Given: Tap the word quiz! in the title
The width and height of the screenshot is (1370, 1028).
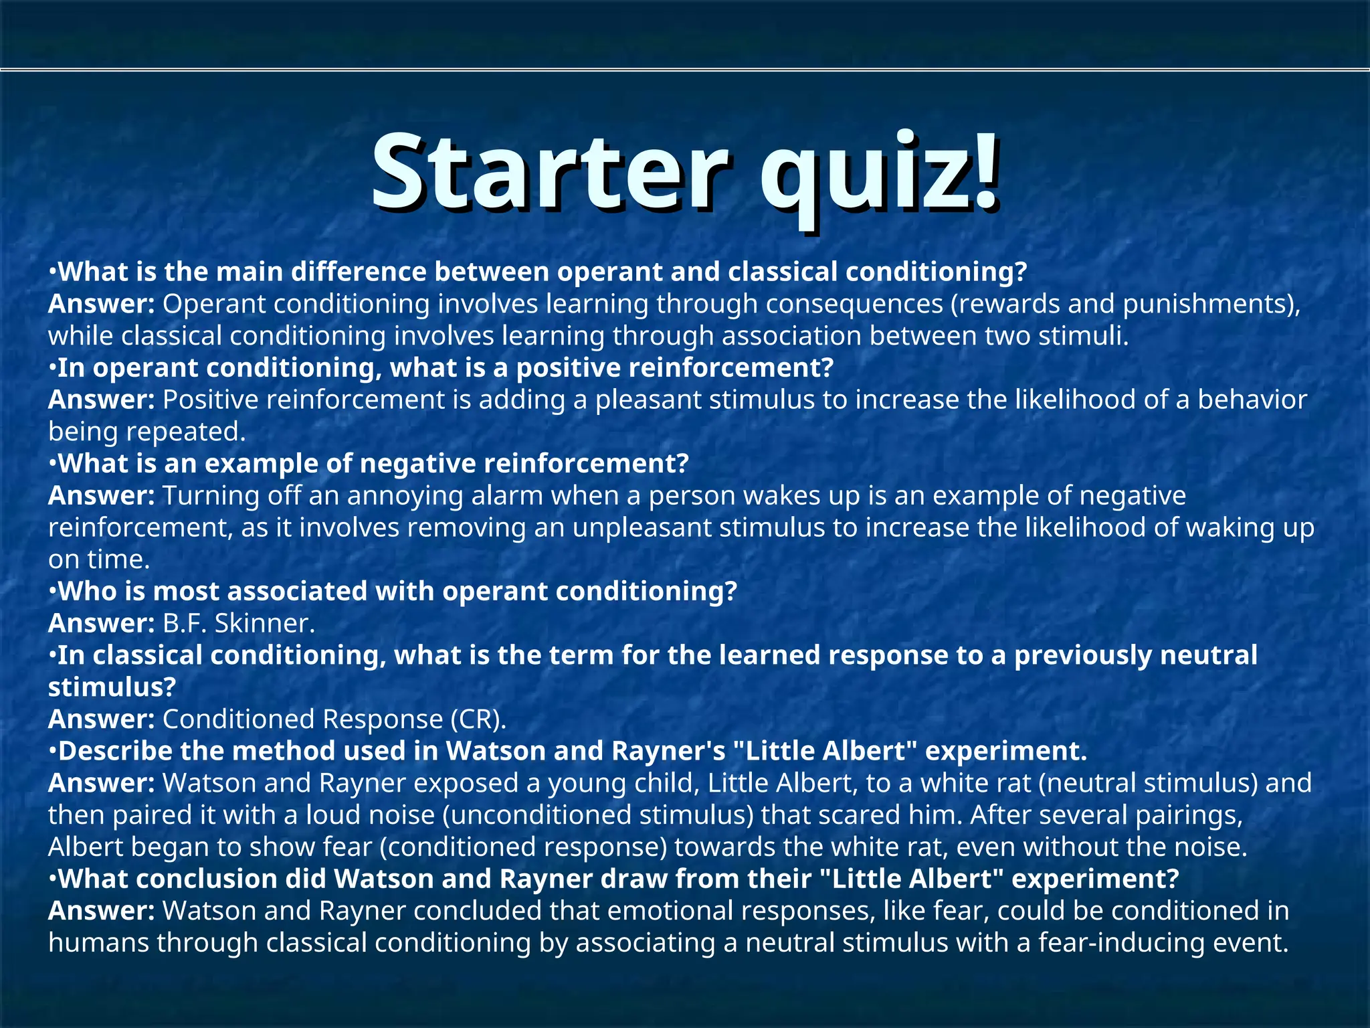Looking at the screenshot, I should tap(880, 175).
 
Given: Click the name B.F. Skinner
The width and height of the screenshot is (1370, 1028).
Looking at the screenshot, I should tap(238, 623).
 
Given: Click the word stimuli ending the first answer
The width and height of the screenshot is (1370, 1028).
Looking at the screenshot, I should tap(1083, 336).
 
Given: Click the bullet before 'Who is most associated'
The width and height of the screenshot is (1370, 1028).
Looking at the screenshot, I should tap(53, 592).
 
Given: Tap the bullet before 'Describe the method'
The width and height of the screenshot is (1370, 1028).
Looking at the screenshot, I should tap(53, 752).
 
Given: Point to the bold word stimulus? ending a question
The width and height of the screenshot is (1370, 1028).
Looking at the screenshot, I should tap(112, 687).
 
